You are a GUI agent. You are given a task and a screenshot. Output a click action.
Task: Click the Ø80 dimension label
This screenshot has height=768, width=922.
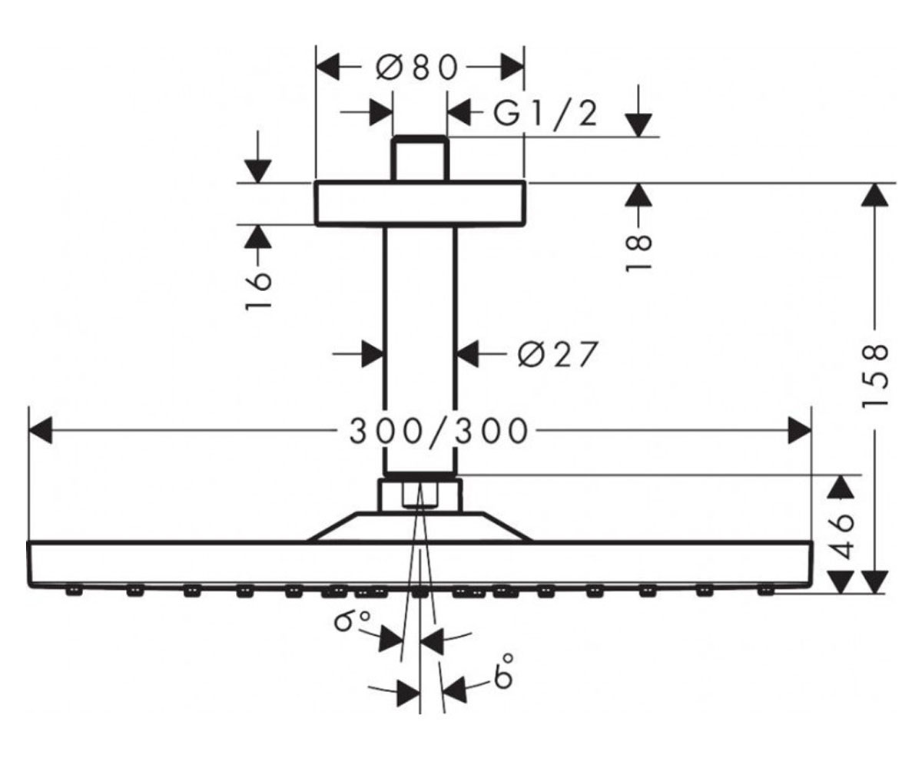point(417,68)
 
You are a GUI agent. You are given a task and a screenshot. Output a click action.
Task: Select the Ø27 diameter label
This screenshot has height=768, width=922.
point(558,353)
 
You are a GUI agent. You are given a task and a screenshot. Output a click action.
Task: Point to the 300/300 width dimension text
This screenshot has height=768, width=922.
point(439,431)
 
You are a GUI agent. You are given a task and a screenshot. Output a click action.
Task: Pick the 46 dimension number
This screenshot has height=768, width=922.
point(841,536)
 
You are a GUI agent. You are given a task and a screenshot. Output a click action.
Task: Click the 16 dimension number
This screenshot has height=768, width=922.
point(258,291)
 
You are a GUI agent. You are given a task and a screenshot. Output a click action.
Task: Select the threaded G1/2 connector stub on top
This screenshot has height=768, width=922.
point(420,158)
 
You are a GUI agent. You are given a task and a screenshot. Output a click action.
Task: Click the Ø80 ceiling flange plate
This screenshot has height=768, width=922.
point(420,203)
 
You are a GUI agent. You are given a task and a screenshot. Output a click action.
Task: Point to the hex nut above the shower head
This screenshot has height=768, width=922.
point(420,495)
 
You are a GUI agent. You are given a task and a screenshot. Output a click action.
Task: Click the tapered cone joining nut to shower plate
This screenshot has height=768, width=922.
point(420,527)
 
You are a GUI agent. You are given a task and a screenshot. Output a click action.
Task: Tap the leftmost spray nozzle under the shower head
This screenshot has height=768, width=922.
point(74,591)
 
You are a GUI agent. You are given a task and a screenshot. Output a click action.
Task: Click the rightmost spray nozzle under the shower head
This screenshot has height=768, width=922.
point(766,591)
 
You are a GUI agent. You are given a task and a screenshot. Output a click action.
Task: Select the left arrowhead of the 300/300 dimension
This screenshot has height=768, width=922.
point(40,430)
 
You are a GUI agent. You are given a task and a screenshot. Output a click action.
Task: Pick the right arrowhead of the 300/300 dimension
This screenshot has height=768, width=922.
point(800,430)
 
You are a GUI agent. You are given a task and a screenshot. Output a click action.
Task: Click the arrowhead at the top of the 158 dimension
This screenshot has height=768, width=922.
point(874,194)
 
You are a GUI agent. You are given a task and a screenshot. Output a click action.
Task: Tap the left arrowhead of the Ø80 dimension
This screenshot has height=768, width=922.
point(327,67)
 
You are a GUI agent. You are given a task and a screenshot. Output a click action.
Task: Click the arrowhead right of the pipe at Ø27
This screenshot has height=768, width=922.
point(468,353)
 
